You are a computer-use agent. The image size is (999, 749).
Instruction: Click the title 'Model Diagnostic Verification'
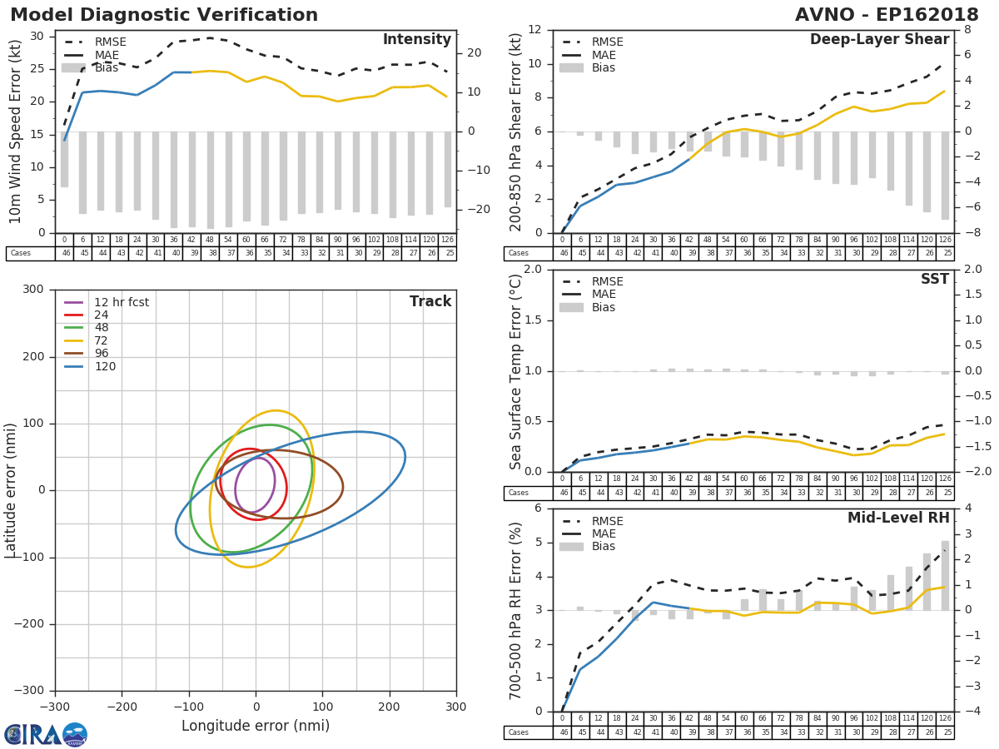(164, 15)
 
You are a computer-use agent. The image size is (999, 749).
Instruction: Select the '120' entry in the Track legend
(105, 367)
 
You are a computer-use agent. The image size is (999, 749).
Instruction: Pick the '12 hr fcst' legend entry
(121, 302)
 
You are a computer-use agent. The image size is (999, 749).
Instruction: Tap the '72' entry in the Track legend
(102, 341)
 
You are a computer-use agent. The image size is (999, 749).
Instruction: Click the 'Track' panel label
(430, 301)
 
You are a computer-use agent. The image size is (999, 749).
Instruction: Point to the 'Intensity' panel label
(416, 40)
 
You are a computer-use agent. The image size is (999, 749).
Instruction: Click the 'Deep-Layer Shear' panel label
(879, 40)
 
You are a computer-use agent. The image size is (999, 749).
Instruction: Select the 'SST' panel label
(934, 280)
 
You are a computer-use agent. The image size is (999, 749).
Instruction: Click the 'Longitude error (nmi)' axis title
(256, 727)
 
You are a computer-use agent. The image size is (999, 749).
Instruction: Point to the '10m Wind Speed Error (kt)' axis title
(16, 131)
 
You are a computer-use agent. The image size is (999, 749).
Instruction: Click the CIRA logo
(46, 734)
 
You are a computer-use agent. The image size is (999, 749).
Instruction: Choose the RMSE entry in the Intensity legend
(110, 42)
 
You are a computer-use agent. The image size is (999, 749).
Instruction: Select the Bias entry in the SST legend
(604, 308)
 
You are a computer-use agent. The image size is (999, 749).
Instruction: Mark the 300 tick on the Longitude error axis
(455, 706)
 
